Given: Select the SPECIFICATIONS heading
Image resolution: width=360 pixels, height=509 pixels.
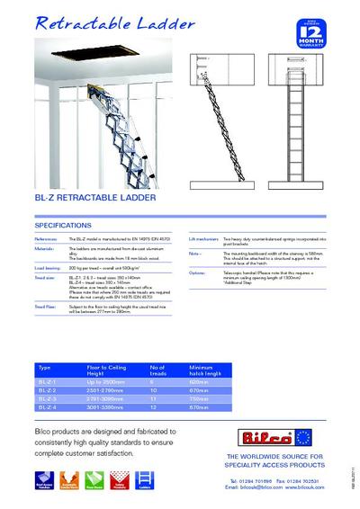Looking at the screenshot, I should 63,225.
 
